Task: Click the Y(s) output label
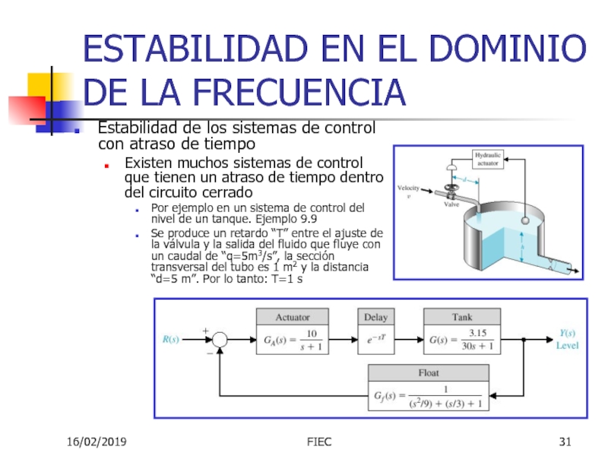(568, 333)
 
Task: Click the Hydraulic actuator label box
(488, 159)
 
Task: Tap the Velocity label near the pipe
(410, 187)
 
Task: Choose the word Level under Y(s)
(568, 346)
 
